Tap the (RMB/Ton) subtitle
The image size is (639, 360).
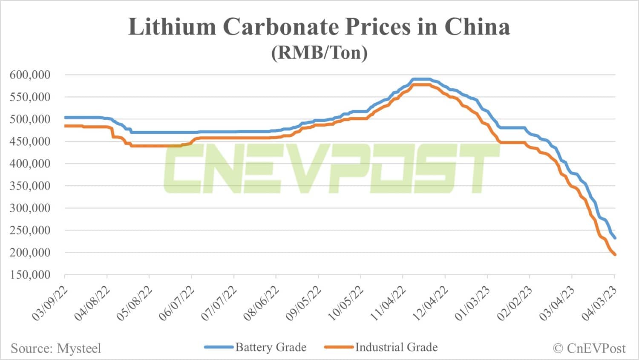(x=319, y=52)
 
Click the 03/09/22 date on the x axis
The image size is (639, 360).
(x=50, y=304)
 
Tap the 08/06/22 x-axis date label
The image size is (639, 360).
(x=262, y=304)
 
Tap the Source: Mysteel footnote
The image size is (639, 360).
(x=56, y=348)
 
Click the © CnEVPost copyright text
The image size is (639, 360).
(x=590, y=348)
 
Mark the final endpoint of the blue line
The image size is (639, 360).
(x=615, y=238)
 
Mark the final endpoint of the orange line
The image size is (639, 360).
(x=615, y=255)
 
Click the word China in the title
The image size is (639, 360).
(x=477, y=27)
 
